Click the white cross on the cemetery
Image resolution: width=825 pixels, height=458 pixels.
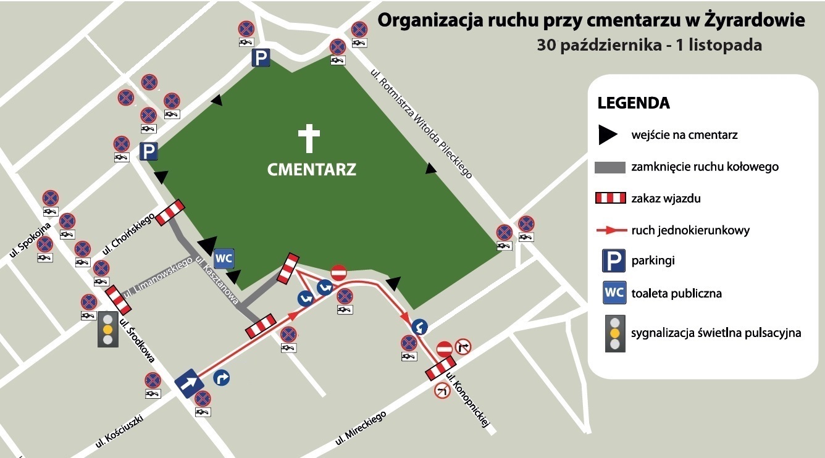tap(309, 138)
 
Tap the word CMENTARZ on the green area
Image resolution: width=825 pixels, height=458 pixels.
tap(312, 169)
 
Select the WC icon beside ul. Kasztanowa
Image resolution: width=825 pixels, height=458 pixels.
tap(224, 259)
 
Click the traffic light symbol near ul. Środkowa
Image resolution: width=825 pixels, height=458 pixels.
tap(107, 329)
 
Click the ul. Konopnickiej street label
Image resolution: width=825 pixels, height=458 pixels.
tap(467, 401)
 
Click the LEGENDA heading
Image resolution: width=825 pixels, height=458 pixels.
tap(634, 102)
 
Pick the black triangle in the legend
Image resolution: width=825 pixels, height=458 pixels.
tap(608, 135)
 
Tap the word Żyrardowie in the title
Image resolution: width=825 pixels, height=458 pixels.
tap(754, 20)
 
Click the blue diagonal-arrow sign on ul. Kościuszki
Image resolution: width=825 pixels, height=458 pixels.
tap(189, 383)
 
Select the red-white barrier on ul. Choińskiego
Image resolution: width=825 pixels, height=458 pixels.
tap(170, 212)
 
